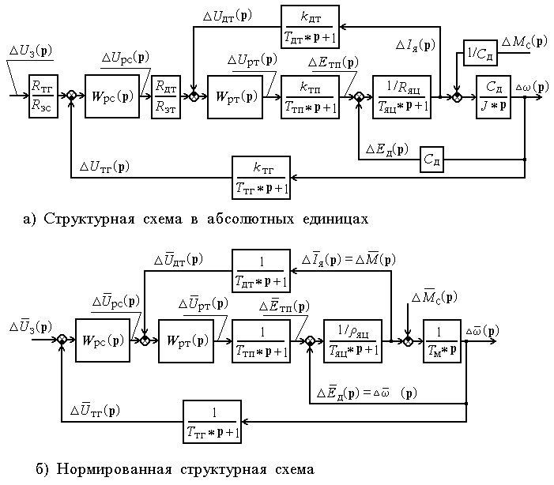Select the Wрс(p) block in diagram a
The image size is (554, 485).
point(111,96)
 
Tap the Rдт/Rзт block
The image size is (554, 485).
point(166,96)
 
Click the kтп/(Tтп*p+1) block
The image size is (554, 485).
point(309,96)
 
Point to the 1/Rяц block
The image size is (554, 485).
point(402,96)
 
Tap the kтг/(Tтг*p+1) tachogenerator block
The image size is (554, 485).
point(262,177)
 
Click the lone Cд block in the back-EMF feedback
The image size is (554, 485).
point(433,158)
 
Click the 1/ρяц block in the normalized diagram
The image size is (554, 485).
point(353,340)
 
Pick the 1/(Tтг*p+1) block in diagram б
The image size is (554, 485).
point(211,422)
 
